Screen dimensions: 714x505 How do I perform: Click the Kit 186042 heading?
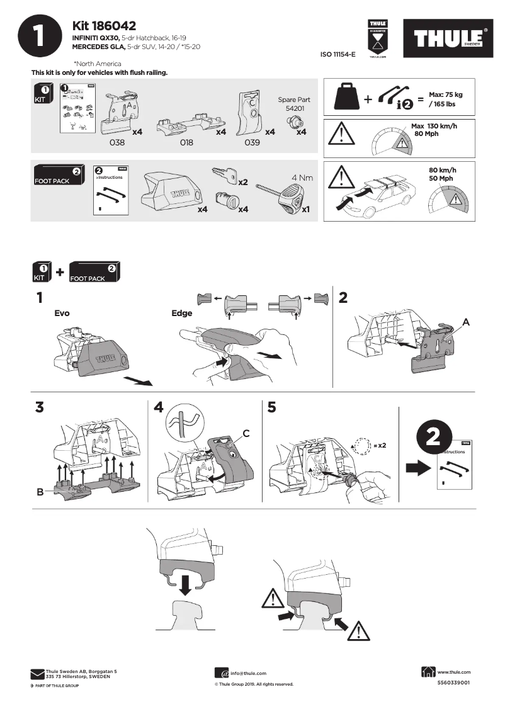pyautogui.click(x=104, y=26)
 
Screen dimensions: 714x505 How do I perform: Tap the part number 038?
pyautogui.click(x=117, y=143)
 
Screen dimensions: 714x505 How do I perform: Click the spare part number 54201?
pyautogui.click(x=294, y=108)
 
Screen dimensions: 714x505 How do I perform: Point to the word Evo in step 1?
pyautogui.click(x=62, y=313)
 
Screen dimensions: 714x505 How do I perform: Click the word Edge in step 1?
pyautogui.click(x=182, y=313)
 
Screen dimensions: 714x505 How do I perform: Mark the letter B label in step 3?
pyautogui.click(x=40, y=492)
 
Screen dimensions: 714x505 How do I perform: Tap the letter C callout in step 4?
pyautogui.click(x=246, y=433)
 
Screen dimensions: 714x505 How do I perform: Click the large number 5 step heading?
pyautogui.click(x=271, y=407)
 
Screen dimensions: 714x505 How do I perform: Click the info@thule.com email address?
pyautogui.click(x=248, y=673)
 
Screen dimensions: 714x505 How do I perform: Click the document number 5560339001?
pyautogui.click(x=453, y=683)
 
